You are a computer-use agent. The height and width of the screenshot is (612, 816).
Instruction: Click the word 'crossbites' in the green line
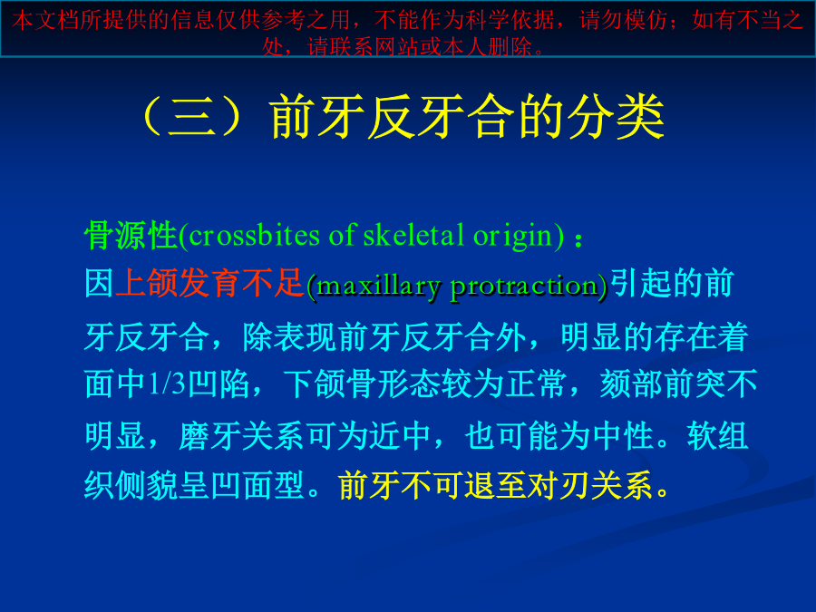[254, 236]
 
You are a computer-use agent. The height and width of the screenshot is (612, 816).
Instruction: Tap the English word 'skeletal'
[413, 235]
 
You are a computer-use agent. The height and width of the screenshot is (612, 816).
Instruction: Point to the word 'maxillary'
[378, 287]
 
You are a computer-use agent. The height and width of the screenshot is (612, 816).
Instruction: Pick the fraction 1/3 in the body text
[167, 384]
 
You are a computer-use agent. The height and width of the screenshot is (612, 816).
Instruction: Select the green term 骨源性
[131, 236]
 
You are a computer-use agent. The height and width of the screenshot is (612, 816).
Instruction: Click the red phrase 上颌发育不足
[209, 284]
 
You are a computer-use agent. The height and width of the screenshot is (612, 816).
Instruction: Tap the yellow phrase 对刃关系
[589, 486]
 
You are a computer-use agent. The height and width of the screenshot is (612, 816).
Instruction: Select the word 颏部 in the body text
[631, 384]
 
